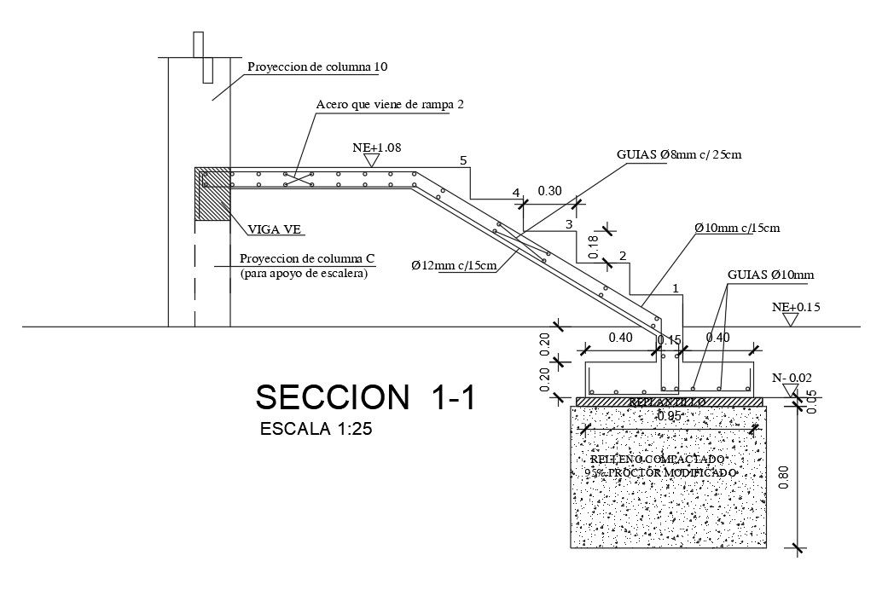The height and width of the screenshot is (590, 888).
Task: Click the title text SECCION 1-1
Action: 365,398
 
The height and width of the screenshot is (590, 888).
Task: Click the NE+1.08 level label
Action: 376,147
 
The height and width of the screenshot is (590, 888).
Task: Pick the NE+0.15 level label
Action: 796,306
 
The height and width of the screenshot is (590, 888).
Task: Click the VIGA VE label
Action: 276,228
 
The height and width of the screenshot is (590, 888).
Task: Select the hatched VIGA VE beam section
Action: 212,194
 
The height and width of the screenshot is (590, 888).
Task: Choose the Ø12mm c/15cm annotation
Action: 454,265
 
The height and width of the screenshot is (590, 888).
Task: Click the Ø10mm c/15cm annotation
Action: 737,228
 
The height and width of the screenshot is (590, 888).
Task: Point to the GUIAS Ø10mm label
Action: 771,275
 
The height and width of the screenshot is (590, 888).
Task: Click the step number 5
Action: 463,159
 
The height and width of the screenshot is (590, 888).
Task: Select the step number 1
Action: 676,289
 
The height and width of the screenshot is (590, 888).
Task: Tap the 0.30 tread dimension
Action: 549,191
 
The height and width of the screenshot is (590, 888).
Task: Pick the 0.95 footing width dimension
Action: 669,417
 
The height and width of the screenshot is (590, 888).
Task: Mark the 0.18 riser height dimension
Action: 594,244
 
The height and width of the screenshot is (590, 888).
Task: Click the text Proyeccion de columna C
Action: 308,259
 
